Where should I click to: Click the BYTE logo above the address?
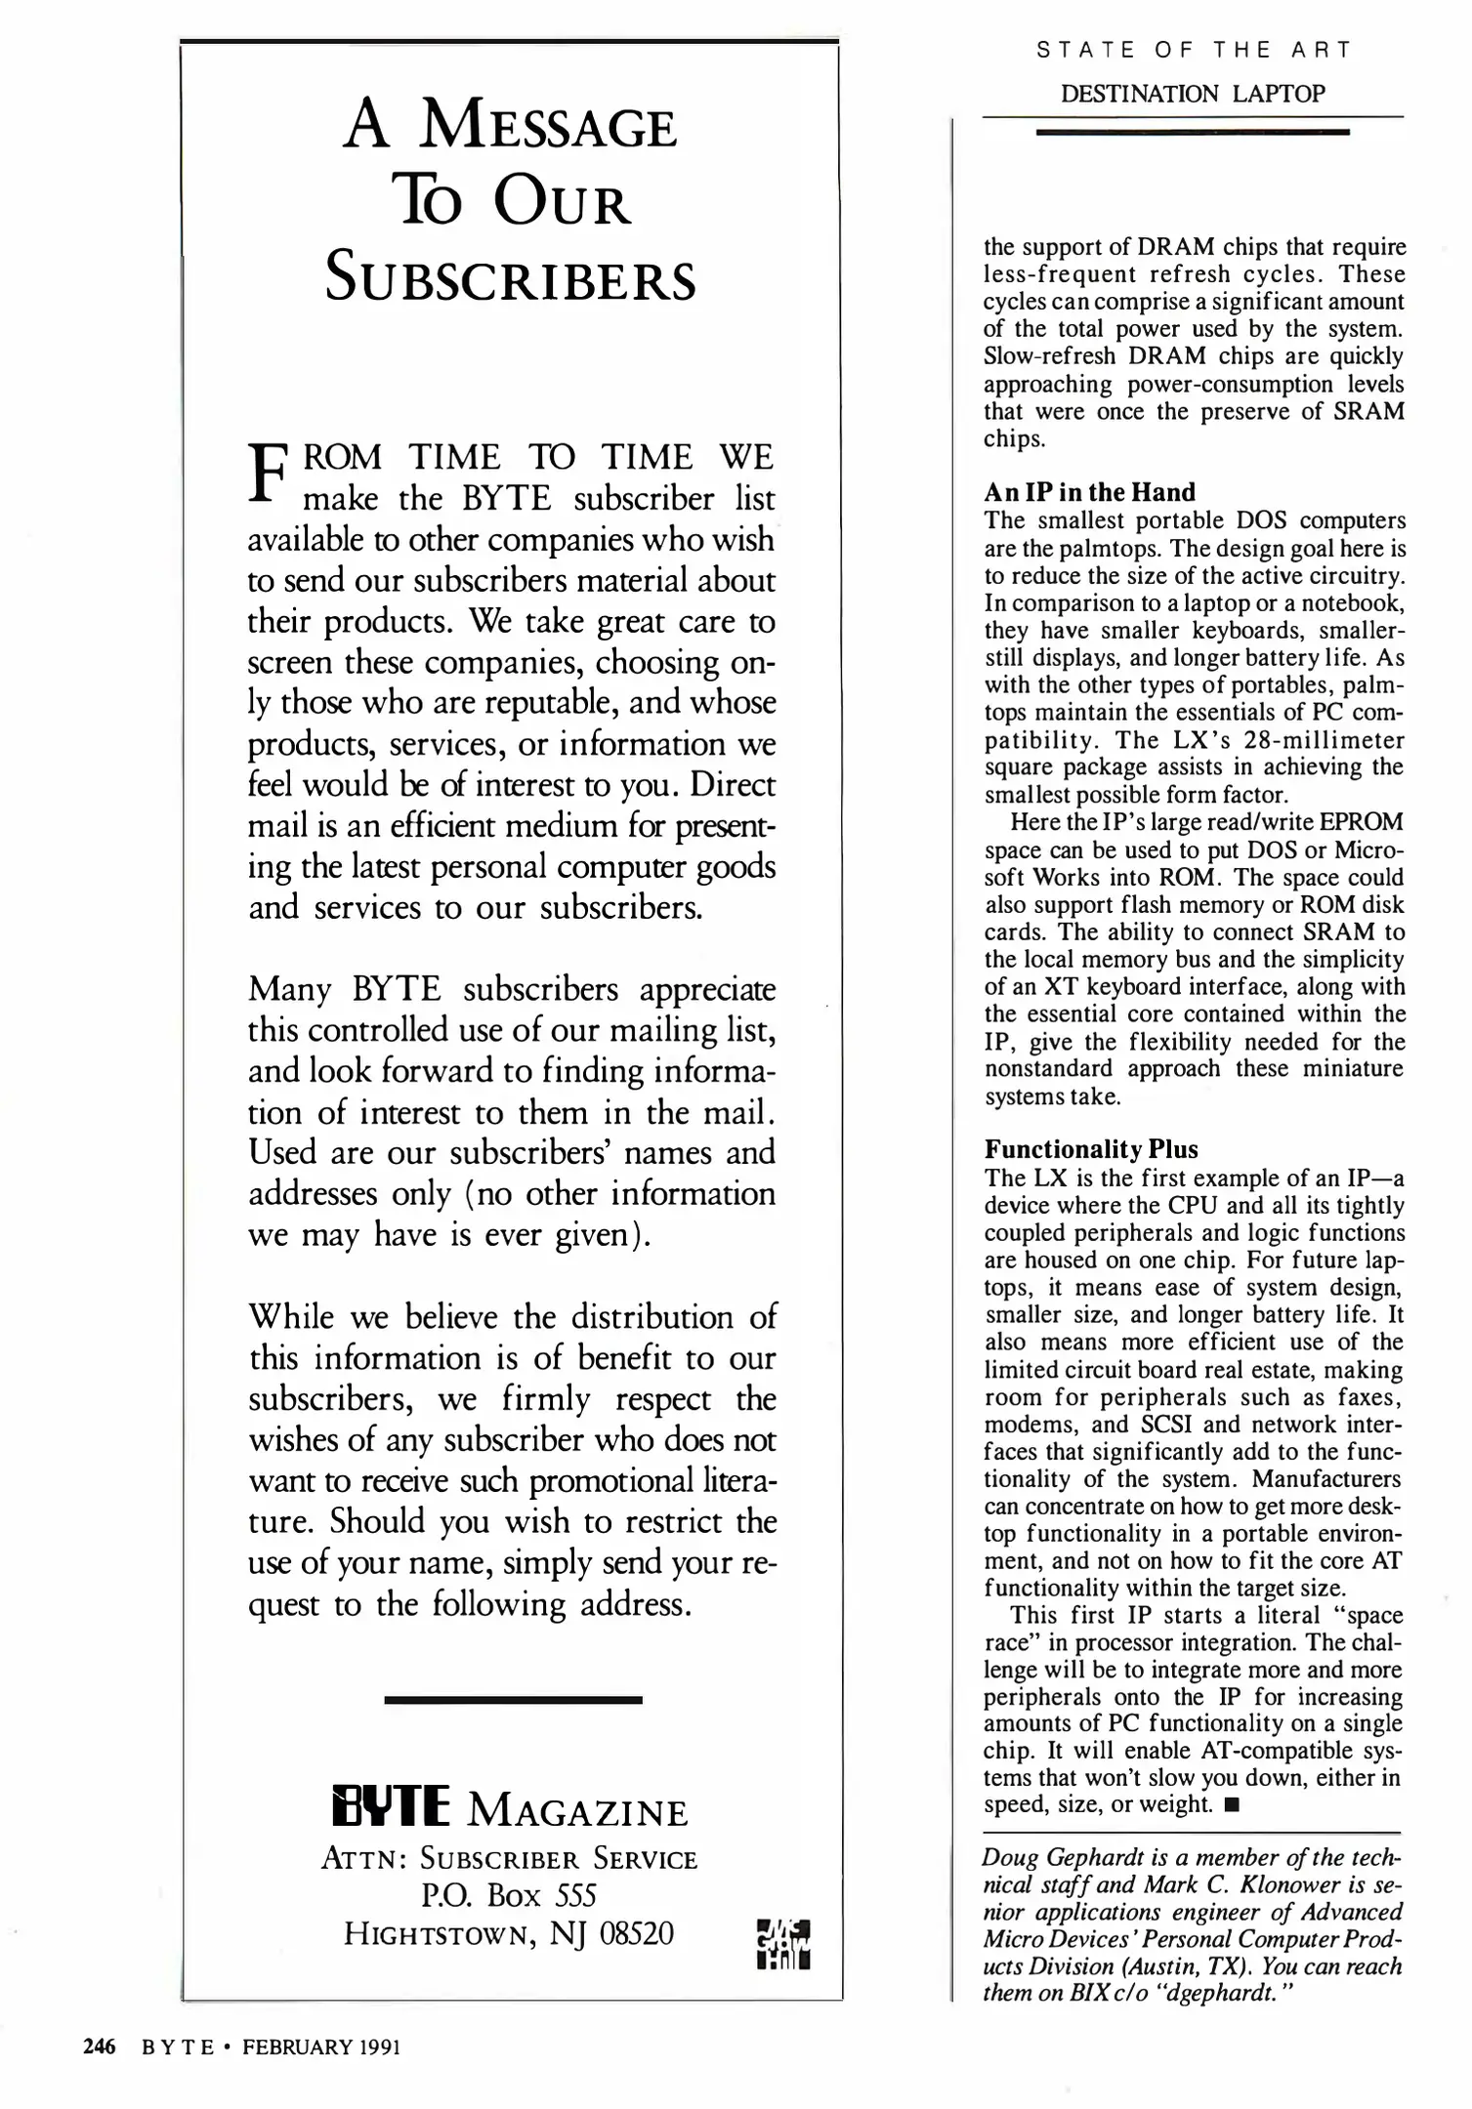tap(391, 1806)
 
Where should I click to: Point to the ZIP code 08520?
tap(636, 1933)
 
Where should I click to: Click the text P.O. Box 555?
tap(509, 1895)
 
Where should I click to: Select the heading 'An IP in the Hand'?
tap(1089, 492)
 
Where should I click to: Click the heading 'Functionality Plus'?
tap(1090, 1149)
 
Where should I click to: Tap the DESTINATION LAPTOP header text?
tap(1193, 94)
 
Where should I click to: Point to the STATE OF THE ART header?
tap(1193, 50)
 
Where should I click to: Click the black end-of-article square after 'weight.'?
tap(1231, 1805)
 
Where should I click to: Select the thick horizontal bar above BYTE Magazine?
tap(513, 1700)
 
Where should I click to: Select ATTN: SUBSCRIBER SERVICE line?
tap(509, 1858)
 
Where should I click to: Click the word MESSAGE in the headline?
tap(549, 129)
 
